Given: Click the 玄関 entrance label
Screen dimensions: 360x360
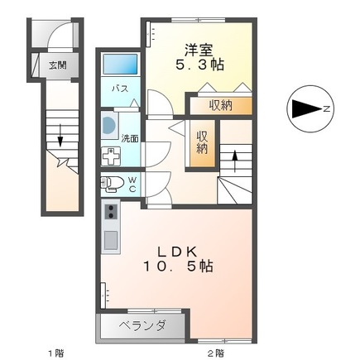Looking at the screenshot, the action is pos(58,65).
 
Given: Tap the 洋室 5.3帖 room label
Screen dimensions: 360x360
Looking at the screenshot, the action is pos(200,57).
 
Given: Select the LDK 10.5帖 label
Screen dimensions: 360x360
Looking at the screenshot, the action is pos(178,259).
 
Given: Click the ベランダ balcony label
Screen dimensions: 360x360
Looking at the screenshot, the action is pos(142,325).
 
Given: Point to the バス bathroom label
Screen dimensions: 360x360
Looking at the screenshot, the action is pos(120,89).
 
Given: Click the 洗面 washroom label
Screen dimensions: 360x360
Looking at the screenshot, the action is pos(130,138).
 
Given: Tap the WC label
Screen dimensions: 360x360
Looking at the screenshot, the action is pos(132,185).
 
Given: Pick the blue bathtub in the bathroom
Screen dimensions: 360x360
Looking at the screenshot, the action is pos(120,64).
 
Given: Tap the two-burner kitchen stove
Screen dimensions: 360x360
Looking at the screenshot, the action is pos(111,212).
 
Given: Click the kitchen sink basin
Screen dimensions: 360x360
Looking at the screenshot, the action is pos(111,240).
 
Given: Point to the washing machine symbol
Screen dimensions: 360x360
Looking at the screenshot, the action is pos(111,156).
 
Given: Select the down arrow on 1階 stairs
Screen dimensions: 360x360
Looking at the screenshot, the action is pos(60,136).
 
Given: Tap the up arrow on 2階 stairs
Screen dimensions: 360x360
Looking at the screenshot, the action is pos(235,161).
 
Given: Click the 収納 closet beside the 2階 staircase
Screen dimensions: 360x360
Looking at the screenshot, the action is pos(203,144).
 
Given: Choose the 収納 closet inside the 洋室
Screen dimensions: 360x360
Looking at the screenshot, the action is pos(221,106).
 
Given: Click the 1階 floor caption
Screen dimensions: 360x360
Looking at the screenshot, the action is pos(56,353).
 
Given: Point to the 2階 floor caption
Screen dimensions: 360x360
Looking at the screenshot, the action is pos(215,353).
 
